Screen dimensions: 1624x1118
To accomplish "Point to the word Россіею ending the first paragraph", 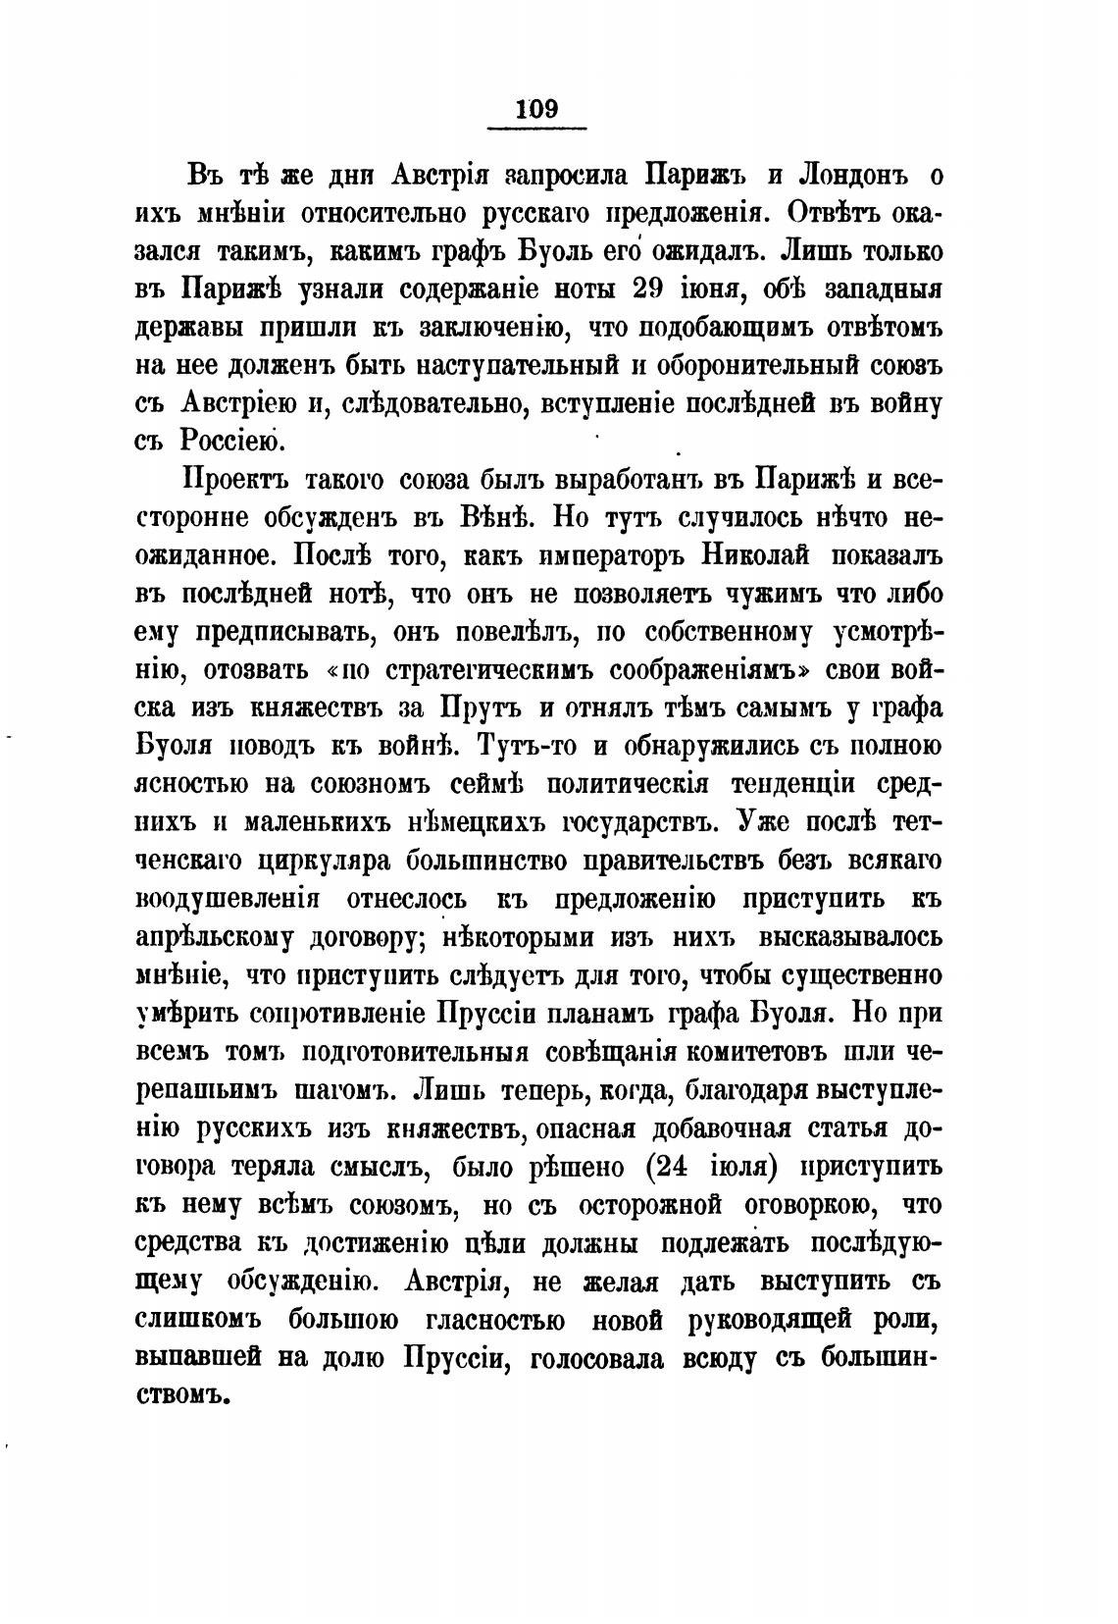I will coord(232,443).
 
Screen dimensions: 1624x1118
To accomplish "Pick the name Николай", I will coord(756,556).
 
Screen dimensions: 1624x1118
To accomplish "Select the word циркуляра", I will coord(327,863).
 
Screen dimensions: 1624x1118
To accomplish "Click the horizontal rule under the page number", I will coord(536,128).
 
